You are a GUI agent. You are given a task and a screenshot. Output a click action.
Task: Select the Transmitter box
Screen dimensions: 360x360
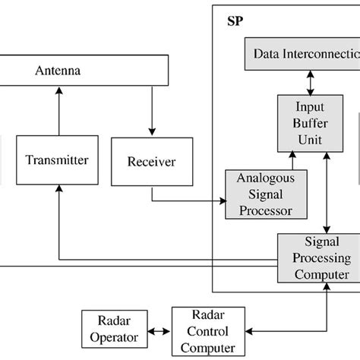pyautogui.click(x=56, y=160)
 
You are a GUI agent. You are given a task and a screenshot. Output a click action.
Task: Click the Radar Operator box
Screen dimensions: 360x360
pyautogui.click(x=112, y=331)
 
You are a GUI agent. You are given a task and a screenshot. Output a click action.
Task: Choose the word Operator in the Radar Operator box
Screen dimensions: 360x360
pyautogui.click(x=112, y=339)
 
